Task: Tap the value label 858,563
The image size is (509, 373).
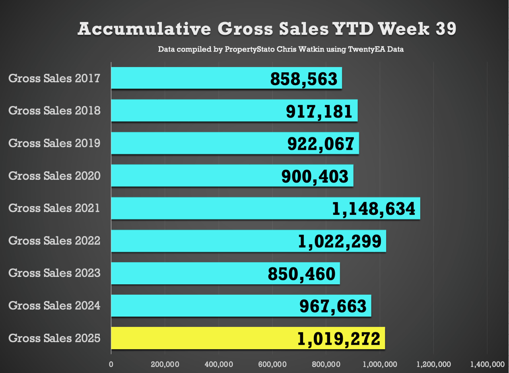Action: (304, 79)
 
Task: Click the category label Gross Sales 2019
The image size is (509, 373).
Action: (54, 143)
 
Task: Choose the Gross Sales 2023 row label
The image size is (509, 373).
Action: (54, 273)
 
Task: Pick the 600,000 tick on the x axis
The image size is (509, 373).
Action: (272, 364)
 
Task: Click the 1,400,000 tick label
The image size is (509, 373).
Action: (487, 364)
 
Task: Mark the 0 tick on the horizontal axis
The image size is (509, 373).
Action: (111, 364)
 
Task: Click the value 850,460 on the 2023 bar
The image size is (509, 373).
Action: (301, 274)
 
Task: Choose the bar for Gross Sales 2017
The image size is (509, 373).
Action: (191, 78)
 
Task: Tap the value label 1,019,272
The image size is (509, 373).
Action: (339, 339)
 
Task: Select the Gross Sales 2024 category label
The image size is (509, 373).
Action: (54, 306)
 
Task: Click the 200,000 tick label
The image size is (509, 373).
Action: (165, 364)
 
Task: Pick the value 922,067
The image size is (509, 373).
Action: (321, 144)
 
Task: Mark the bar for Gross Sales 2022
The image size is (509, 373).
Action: (207, 241)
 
